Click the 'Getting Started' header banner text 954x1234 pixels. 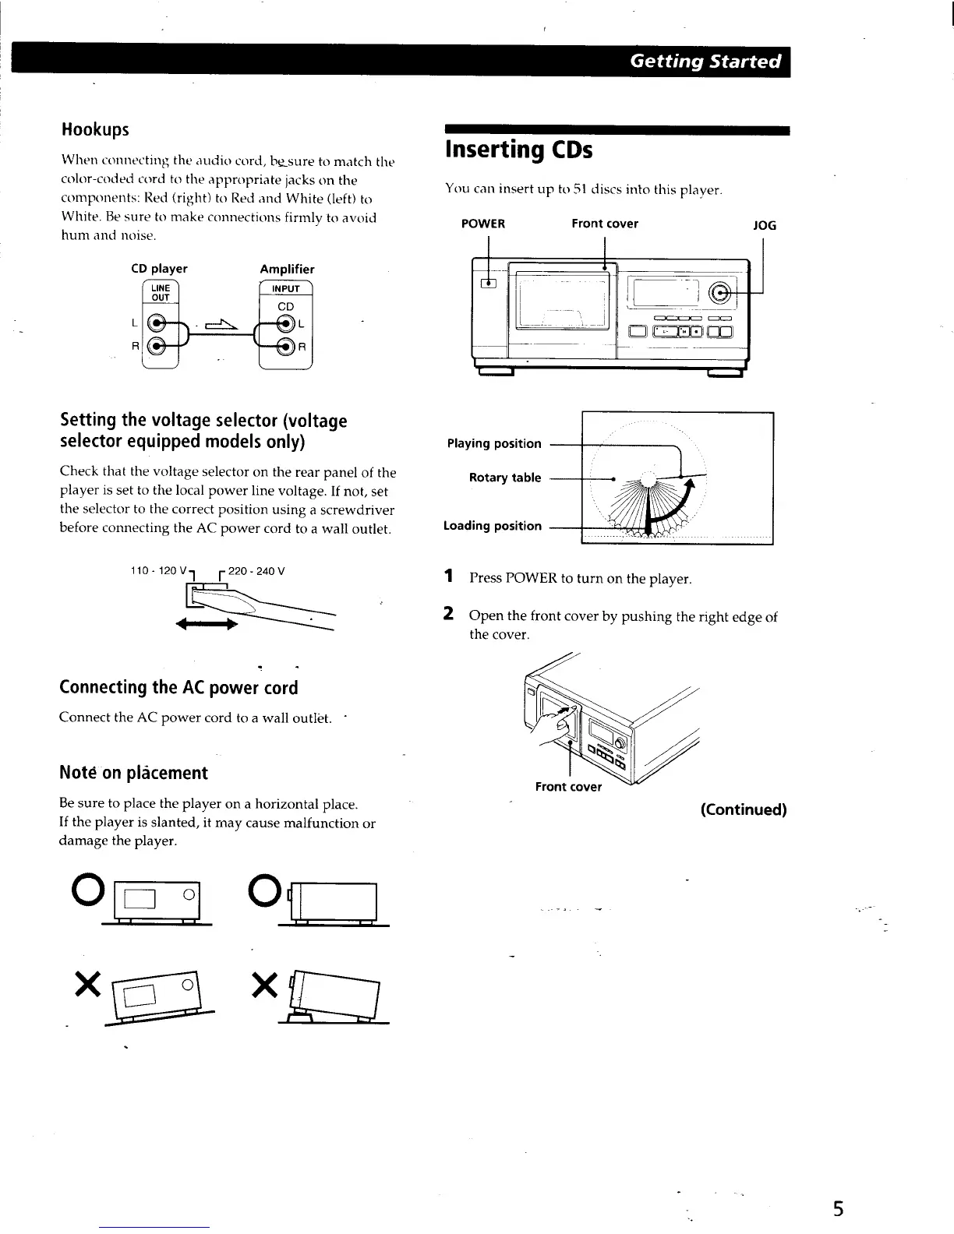pos(705,62)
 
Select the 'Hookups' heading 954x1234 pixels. pos(95,129)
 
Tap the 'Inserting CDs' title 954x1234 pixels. pos(518,150)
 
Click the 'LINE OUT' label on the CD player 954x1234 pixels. pos(161,292)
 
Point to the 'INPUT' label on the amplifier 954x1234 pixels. pos(286,288)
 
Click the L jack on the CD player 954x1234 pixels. pos(159,323)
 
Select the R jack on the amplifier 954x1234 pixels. pos(286,347)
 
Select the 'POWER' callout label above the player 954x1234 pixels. pos(483,224)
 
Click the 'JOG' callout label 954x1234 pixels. pos(764,226)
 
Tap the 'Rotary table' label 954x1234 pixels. pos(504,478)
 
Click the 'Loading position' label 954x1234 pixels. pos(493,526)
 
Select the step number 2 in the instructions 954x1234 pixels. pos(448,614)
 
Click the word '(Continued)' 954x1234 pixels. pos(743,809)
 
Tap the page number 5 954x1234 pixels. pos(838,1209)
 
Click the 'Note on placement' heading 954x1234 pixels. pos(133,773)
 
